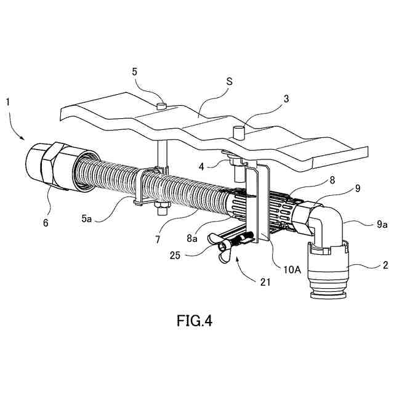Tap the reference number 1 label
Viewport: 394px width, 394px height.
click(7, 101)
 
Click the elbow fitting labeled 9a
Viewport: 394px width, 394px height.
click(326, 225)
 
